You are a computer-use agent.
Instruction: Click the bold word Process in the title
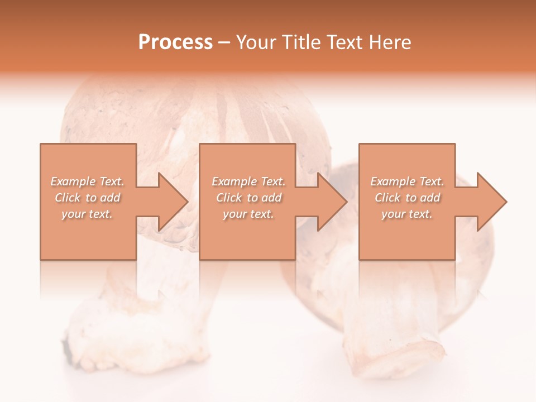coord(175,42)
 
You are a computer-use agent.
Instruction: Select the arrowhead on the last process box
coord(491,202)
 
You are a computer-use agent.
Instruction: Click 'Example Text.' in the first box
coord(87,181)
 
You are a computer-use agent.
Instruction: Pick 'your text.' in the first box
coord(87,214)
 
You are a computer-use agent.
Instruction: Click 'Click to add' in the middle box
coord(248,198)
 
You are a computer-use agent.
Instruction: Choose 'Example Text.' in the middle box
coord(248,181)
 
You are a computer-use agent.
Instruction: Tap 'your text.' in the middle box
coord(248,214)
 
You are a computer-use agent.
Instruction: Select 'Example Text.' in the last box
coord(407,181)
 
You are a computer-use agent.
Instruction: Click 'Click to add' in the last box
coord(407,198)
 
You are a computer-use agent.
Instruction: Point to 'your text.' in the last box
coord(407,214)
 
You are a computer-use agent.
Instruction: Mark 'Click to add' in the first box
coord(87,198)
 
